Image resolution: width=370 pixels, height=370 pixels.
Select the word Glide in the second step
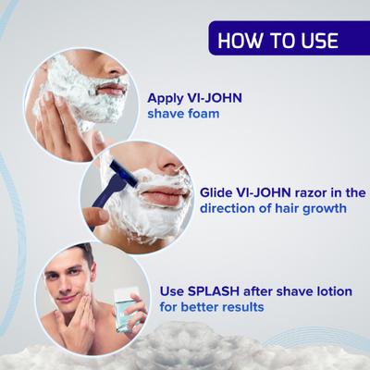[218, 191]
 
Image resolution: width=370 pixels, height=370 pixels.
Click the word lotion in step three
[328, 290]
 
